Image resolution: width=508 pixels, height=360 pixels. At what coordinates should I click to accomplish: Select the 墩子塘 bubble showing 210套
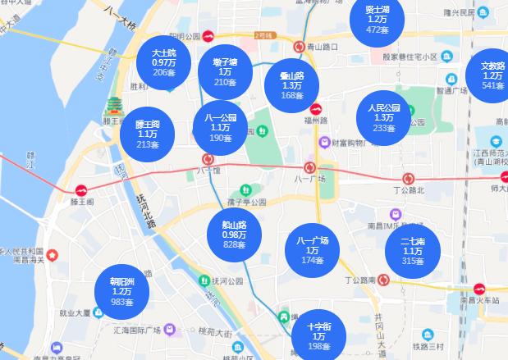tap(225, 72)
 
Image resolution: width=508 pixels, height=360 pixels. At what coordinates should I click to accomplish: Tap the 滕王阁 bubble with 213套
tap(148, 134)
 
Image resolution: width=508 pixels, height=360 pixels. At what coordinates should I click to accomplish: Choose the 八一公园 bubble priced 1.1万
tap(221, 128)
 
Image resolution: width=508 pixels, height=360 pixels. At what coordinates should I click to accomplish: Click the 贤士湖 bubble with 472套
tap(377, 21)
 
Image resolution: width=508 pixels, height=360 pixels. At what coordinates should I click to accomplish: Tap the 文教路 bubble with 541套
tap(492, 75)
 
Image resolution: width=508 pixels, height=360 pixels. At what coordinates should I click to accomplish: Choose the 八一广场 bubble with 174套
tap(312, 250)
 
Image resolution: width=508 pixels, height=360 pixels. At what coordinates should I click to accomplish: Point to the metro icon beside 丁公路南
tap(382, 280)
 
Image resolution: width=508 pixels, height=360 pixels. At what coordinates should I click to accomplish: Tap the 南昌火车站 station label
tap(480, 300)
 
